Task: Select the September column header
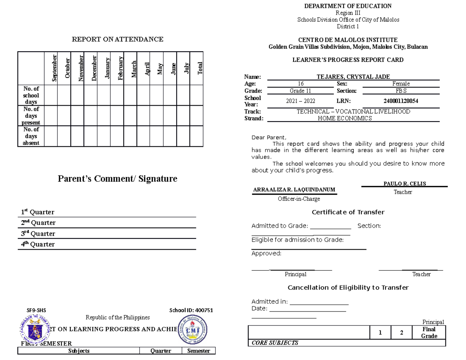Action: (54, 68)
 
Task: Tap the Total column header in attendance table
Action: (200, 68)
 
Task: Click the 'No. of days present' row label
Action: (31, 116)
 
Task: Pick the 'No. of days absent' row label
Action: (31, 136)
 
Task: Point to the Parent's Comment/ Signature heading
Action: (117, 179)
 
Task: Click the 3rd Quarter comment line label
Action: (38, 234)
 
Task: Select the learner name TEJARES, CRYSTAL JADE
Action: (353, 77)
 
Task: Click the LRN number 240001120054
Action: (401, 101)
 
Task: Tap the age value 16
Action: (301, 84)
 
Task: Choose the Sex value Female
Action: (401, 84)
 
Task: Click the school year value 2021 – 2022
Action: (301, 101)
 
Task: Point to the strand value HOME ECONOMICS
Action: (344, 118)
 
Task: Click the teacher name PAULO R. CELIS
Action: (404, 184)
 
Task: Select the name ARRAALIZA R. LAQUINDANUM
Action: (294, 190)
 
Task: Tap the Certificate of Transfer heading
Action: (348, 212)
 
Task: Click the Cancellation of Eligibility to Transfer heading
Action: (348, 288)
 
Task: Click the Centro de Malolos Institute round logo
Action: (193, 329)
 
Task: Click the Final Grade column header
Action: (429, 332)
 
